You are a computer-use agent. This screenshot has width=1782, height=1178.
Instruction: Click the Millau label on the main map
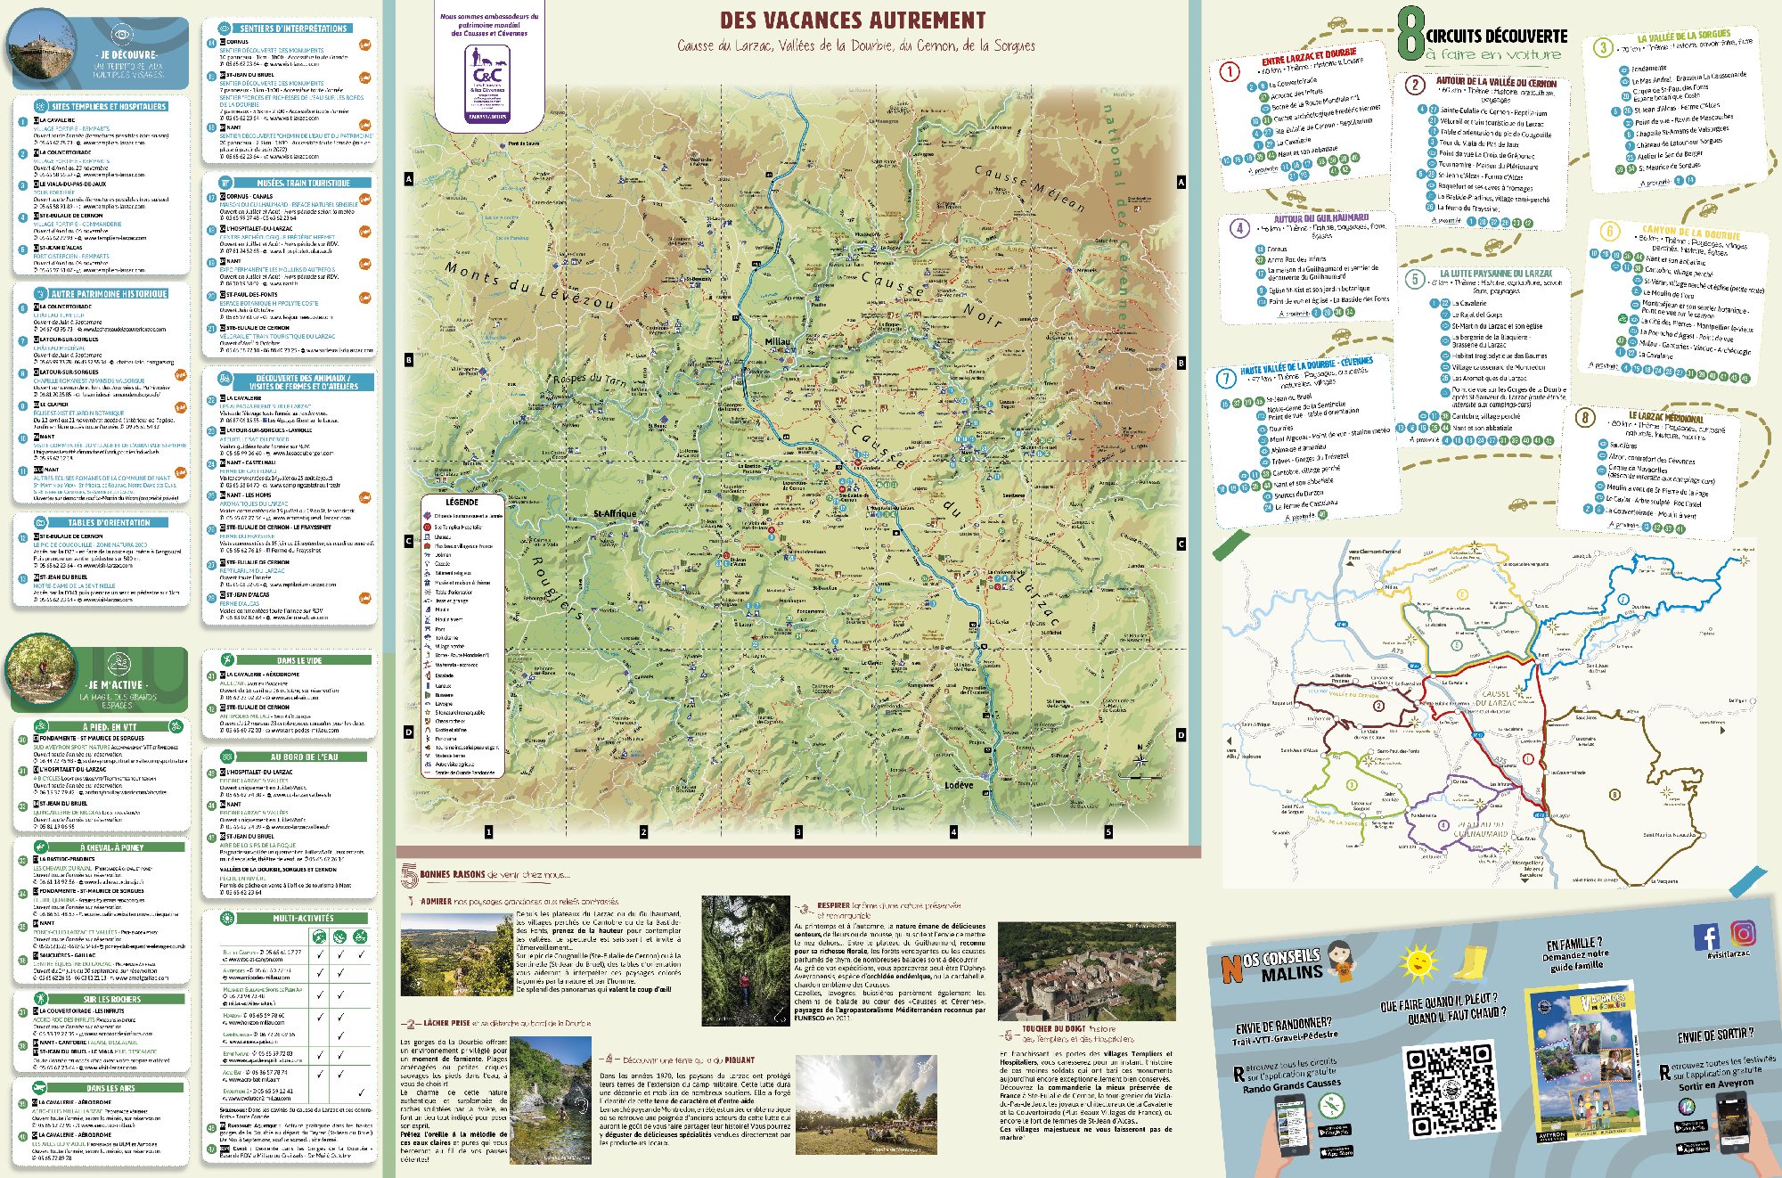coord(777,341)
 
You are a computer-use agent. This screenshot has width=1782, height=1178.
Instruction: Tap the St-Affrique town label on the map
coord(615,514)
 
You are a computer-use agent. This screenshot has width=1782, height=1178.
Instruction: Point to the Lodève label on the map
coord(959,785)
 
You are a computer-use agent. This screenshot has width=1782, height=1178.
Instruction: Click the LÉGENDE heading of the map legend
coord(462,503)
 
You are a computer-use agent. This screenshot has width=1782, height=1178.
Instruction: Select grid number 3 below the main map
coord(798,832)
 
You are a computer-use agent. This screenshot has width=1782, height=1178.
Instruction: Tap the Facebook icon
coord(1706,937)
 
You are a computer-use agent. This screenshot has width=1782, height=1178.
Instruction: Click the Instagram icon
coord(1743,933)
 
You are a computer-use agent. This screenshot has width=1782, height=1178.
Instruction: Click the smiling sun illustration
coord(1418,963)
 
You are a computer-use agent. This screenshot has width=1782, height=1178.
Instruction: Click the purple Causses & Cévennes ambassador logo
coord(487,82)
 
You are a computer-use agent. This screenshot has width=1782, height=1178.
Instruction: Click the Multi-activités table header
coord(303,918)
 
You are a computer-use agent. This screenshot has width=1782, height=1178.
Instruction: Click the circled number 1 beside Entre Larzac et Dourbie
coord(1230,71)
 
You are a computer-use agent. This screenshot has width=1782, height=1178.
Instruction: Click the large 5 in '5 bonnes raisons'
coord(409,877)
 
